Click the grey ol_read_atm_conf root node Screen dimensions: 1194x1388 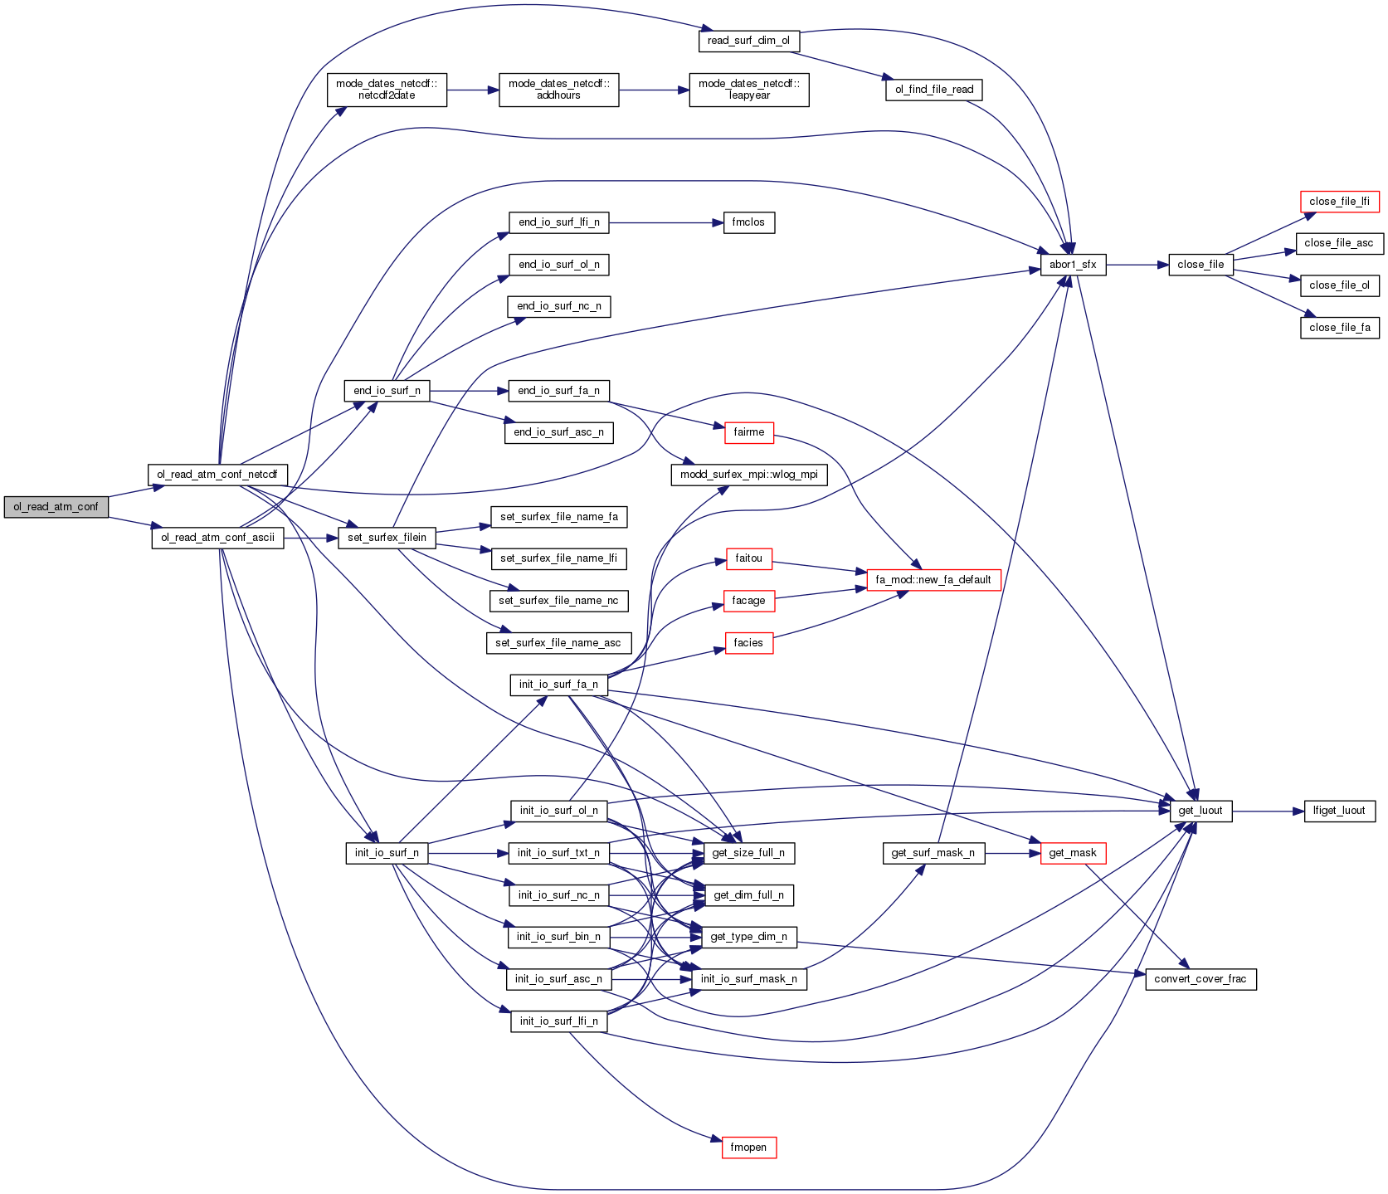pyautogui.click(x=56, y=507)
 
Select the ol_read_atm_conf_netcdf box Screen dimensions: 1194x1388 pyautogui.click(x=217, y=475)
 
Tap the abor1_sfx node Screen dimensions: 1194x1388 pyautogui.click(x=1073, y=265)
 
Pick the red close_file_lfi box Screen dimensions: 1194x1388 pyautogui.click(x=1339, y=202)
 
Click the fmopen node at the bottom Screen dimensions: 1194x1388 pyautogui.click(x=748, y=1148)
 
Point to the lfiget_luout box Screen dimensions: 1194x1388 pyautogui.click(x=1339, y=811)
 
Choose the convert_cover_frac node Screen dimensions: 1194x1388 pyautogui.click(x=1200, y=979)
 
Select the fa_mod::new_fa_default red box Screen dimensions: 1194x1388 pyautogui.click(x=933, y=580)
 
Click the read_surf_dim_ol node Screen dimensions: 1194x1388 pyautogui.click(x=748, y=41)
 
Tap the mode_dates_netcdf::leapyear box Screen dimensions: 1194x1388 pyautogui.click(x=748, y=90)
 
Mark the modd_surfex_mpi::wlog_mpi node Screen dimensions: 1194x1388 pyautogui.click(x=748, y=475)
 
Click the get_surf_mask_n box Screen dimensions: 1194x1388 pyautogui.click(x=933, y=853)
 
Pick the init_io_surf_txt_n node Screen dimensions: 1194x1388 pyautogui.click(x=558, y=853)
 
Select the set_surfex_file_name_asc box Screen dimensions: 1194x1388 pyautogui.click(x=558, y=643)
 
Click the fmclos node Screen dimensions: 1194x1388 pyautogui.click(x=748, y=222)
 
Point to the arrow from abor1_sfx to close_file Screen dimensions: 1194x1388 pyautogui.click(x=1137, y=265)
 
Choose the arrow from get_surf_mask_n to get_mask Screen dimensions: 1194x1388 pyautogui.click(x=1013, y=853)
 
